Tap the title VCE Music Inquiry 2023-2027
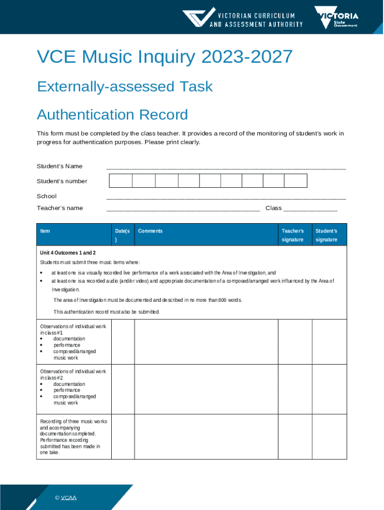[x=165, y=57]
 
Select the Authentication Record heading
[x=112, y=115]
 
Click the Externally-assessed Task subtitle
[x=125, y=87]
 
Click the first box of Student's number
[x=121, y=181]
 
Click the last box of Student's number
[x=296, y=181]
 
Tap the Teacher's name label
[x=60, y=208]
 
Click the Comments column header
[x=150, y=231]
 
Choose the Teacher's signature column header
[x=292, y=235]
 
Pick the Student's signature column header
[x=326, y=235]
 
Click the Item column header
[x=45, y=231]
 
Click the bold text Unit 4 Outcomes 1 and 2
[x=68, y=253]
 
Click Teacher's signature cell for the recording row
[x=295, y=437]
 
